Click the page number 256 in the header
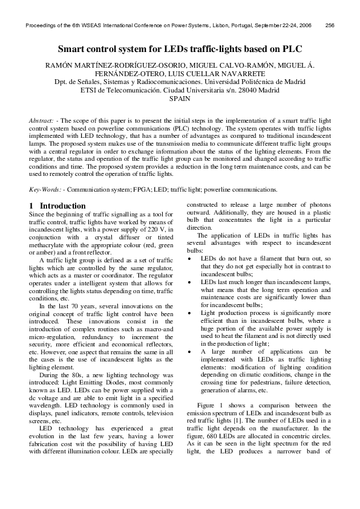click(330, 25)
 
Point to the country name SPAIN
click(180, 98)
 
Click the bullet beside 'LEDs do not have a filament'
click(191, 258)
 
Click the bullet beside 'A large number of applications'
click(191, 351)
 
